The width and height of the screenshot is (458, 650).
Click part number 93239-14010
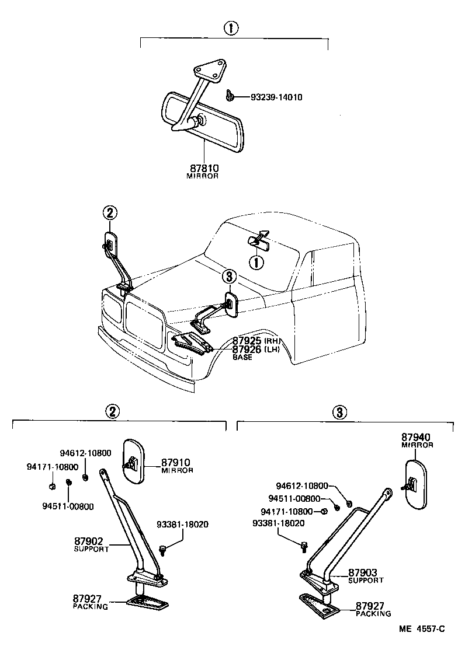click(x=269, y=97)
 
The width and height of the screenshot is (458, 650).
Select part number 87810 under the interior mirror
click(x=202, y=168)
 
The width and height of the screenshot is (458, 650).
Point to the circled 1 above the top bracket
click(x=232, y=29)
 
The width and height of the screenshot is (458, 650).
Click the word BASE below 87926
click(x=242, y=357)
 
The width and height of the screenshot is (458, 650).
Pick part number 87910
click(x=176, y=463)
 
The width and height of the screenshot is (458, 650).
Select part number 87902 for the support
click(x=90, y=541)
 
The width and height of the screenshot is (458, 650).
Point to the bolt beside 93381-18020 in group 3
click(x=304, y=546)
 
